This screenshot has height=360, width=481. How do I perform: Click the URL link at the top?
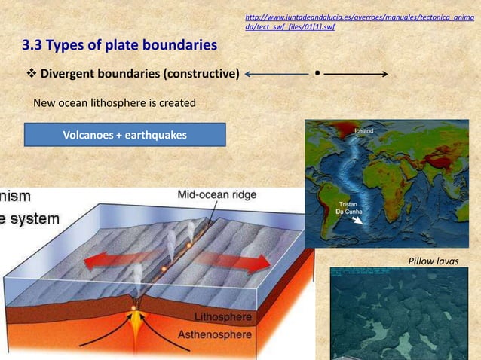click(x=360, y=21)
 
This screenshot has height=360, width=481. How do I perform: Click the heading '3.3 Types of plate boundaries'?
click(x=119, y=47)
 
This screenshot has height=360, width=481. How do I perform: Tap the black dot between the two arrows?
click(x=317, y=73)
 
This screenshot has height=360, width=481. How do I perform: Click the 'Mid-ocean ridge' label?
click(x=216, y=194)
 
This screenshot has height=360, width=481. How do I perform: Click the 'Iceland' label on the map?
click(x=364, y=131)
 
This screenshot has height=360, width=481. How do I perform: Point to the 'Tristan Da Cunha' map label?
click(x=348, y=207)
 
